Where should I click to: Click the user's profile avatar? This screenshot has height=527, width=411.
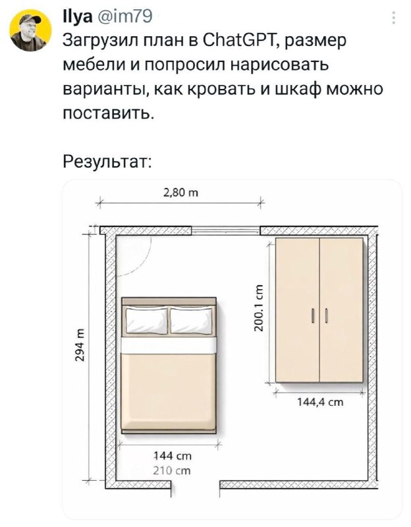(x=30, y=30)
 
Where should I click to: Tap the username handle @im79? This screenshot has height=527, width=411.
(x=124, y=16)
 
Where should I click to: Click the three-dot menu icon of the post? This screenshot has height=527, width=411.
(x=393, y=18)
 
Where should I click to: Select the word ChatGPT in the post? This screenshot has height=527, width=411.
(x=238, y=40)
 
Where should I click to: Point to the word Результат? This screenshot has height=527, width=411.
(x=107, y=162)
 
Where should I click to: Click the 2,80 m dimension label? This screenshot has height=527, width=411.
(x=180, y=192)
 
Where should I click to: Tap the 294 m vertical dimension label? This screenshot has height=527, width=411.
(x=80, y=346)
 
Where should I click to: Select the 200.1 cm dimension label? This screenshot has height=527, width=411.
(x=259, y=308)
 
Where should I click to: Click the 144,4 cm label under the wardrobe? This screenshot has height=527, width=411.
(x=320, y=402)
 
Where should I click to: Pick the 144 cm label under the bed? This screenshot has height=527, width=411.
(x=173, y=456)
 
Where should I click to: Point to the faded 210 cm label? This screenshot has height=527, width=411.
(x=172, y=470)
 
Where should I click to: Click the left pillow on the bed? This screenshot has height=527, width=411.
(x=147, y=321)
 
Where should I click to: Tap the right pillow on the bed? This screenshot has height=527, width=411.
(x=191, y=321)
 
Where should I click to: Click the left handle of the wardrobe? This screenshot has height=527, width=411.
(x=313, y=316)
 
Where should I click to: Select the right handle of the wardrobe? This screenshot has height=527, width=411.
(x=326, y=316)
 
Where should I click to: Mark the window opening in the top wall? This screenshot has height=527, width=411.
(x=226, y=230)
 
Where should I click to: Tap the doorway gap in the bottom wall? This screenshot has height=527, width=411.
(x=195, y=485)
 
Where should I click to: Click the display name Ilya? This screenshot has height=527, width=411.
(x=78, y=16)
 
